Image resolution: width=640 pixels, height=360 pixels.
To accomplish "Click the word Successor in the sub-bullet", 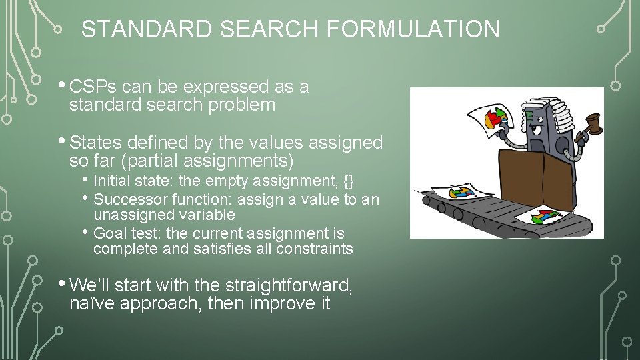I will (131, 199).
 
